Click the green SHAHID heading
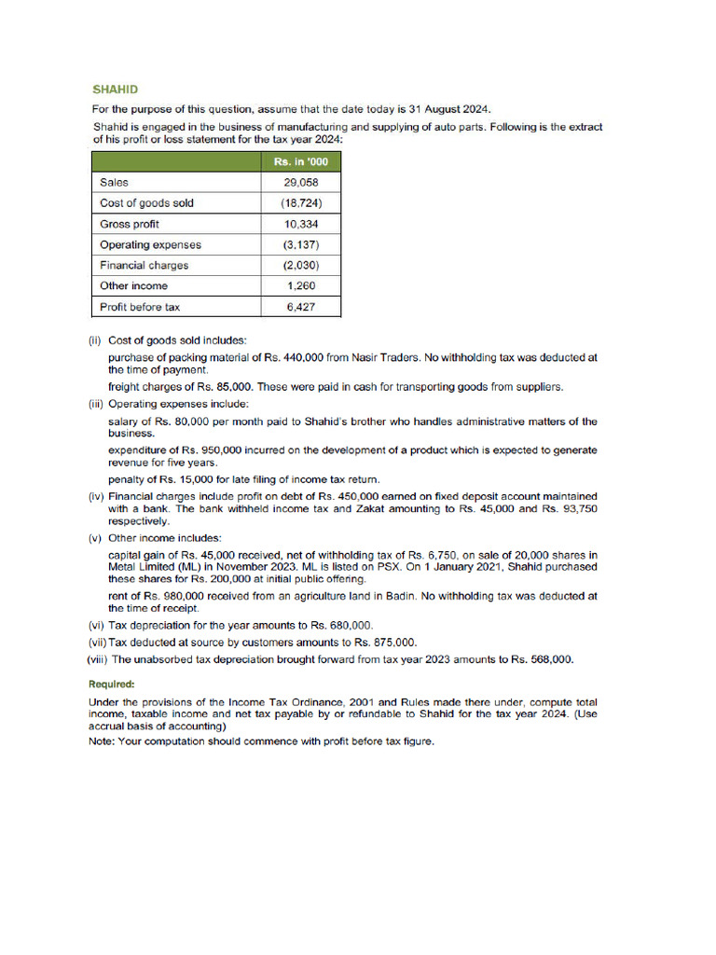(115, 90)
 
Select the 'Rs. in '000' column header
(300, 162)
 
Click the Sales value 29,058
(300, 183)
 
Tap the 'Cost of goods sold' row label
(146, 203)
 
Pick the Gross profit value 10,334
(300, 224)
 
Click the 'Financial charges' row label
(144, 265)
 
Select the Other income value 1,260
(300, 285)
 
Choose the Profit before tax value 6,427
(300, 306)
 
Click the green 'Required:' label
(111, 684)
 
